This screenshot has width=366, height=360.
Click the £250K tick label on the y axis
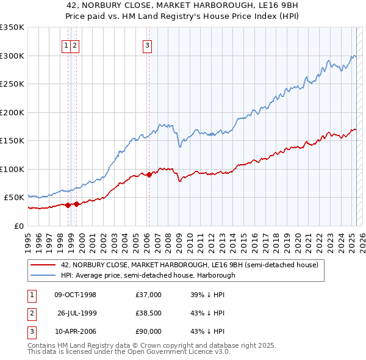(12, 84)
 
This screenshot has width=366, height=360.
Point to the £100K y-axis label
(12, 169)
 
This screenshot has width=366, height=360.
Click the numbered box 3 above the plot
(148, 45)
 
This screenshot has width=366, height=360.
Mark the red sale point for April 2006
(149, 175)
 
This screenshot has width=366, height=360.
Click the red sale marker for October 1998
(68, 205)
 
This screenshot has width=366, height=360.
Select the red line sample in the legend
(44, 265)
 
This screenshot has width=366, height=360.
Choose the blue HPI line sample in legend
(44, 275)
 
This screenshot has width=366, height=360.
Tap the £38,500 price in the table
(149, 313)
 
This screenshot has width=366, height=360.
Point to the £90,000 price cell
(149, 331)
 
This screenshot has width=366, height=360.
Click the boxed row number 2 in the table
(30, 313)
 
